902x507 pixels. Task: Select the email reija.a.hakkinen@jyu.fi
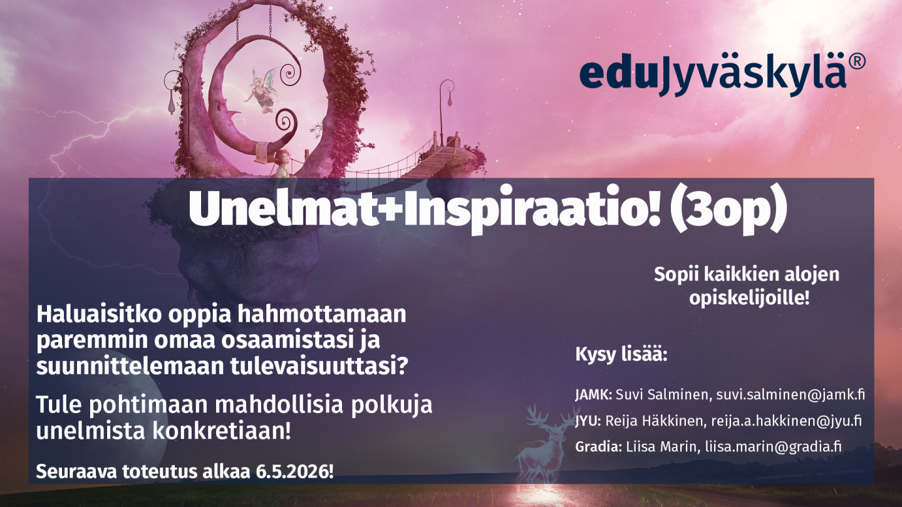[x=786, y=421]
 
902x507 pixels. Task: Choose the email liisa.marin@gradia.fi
[x=773, y=446]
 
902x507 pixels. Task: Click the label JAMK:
[x=594, y=394]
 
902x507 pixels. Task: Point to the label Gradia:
[x=598, y=446]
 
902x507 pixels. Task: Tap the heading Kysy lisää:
[x=621, y=356]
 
